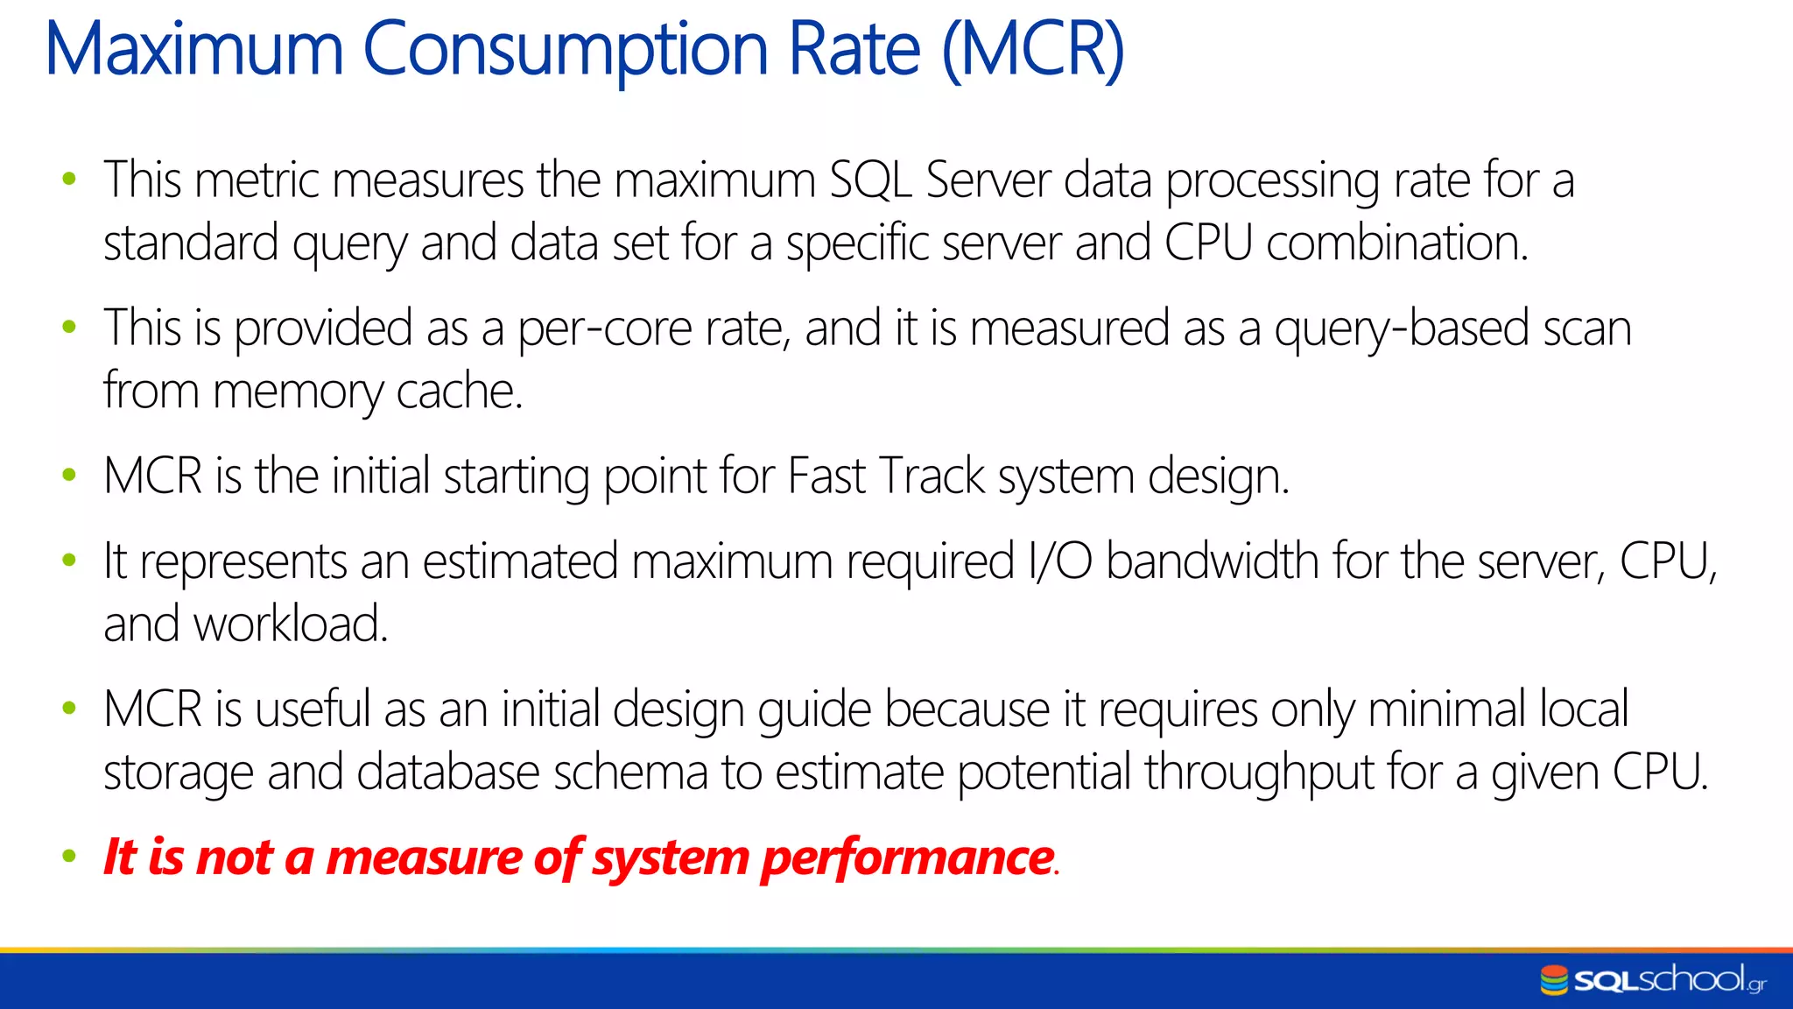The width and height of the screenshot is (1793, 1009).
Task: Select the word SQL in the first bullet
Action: pyautogui.click(x=870, y=180)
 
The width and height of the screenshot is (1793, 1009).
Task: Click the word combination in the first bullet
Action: pyautogui.click(x=1396, y=243)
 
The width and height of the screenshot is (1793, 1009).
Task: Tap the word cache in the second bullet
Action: pyautogui.click(x=459, y=392)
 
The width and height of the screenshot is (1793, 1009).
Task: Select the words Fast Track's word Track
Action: pyautogui.click(x=932, y=476)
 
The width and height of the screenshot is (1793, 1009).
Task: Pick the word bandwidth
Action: pyautogui.click(x=1213, y=561)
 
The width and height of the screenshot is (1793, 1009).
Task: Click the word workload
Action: pyautogui.click(x=290, y=624)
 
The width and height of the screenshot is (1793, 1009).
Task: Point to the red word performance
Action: pyautogui.click(x=908, y=857)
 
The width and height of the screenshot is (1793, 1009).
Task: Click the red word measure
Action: pyautogui.click(x=425, y=857)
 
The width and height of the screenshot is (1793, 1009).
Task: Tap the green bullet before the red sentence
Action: pyautogui.click(x=69, y=857)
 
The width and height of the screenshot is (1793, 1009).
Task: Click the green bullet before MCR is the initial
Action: pyautogui.click(x=69, y=476)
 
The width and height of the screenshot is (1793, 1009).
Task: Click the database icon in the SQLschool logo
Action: pyautogui.click(x=1554, y=980)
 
